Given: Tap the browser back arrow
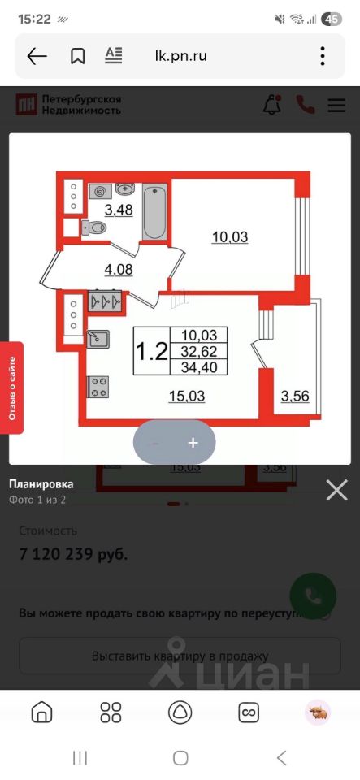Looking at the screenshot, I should tap(37, 56).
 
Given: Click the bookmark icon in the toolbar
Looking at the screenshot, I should tap(78, 56).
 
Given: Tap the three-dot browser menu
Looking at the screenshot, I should tap(323, 56).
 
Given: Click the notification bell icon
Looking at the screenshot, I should tap(272, 105).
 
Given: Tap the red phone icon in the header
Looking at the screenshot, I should tap(306, 105).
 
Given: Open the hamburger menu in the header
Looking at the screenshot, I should tap(336, 105).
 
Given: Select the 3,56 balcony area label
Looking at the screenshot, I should tap(295, 396).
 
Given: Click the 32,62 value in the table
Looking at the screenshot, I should tap(199, 351).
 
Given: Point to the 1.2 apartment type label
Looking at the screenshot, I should tap(151, 352).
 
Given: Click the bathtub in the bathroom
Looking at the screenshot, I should tap(154, 212).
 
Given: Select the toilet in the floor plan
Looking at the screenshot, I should tap(94, 229).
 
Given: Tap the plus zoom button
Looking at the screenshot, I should tap(193, 443).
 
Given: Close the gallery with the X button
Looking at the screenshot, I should tap(336, 489).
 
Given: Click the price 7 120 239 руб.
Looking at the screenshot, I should tap(73, 555).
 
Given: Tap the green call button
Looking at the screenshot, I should tap(313, 596).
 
